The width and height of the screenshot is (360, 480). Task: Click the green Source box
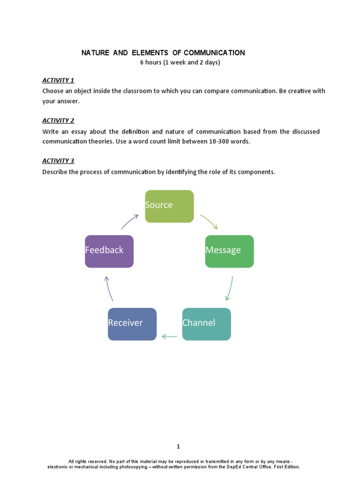click(x=169, y=206)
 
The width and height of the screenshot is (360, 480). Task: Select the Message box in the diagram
click(x=229, y=251)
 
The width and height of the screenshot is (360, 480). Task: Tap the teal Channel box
click(x=206, y=324)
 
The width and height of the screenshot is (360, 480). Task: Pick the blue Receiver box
click(x=132, y=324)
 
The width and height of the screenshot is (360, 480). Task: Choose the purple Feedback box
click(x=109, y=251)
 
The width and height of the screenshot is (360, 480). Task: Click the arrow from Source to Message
click(x=209, y=222)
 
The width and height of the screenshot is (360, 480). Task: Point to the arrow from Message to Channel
click(x=229, y=288)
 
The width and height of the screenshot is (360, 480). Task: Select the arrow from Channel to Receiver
click(x=169, y=336)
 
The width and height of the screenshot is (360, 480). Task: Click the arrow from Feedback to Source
click(x=130, y=221)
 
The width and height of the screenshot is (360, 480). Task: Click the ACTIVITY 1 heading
click(x=58, y=80)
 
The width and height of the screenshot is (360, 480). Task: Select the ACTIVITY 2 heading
click(x=58, y=120)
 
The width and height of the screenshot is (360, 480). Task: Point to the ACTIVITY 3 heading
click(x=58, y=161)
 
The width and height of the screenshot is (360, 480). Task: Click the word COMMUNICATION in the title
click(x=217, y=53)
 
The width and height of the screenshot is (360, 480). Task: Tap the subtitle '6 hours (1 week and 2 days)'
click(x=180, y=62)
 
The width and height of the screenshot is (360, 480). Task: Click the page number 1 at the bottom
click(x=179, y=446)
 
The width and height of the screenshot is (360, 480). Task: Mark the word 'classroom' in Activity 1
click(x=135, y=91)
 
